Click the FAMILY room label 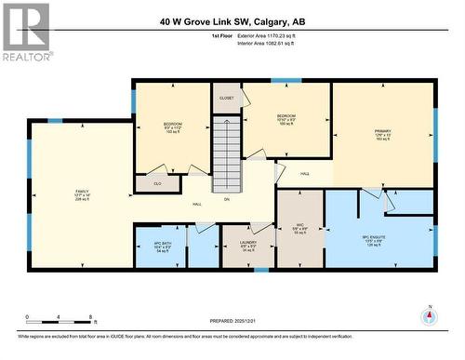pyautogui.click(x=81, y=193)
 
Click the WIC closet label pyautogui.click(x=300, y=227)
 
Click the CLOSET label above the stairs pyautogui.click(x=226, y=98)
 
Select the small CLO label pyautogui.click(x=156, y=183)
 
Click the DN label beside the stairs pyautogui.click(x=226, y=198)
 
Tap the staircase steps pyautogui.click(x=227, y=154)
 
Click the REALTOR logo pyautogui.click(x=25, y=31)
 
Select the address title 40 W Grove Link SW pyautogui.click(x=232, y=20)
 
